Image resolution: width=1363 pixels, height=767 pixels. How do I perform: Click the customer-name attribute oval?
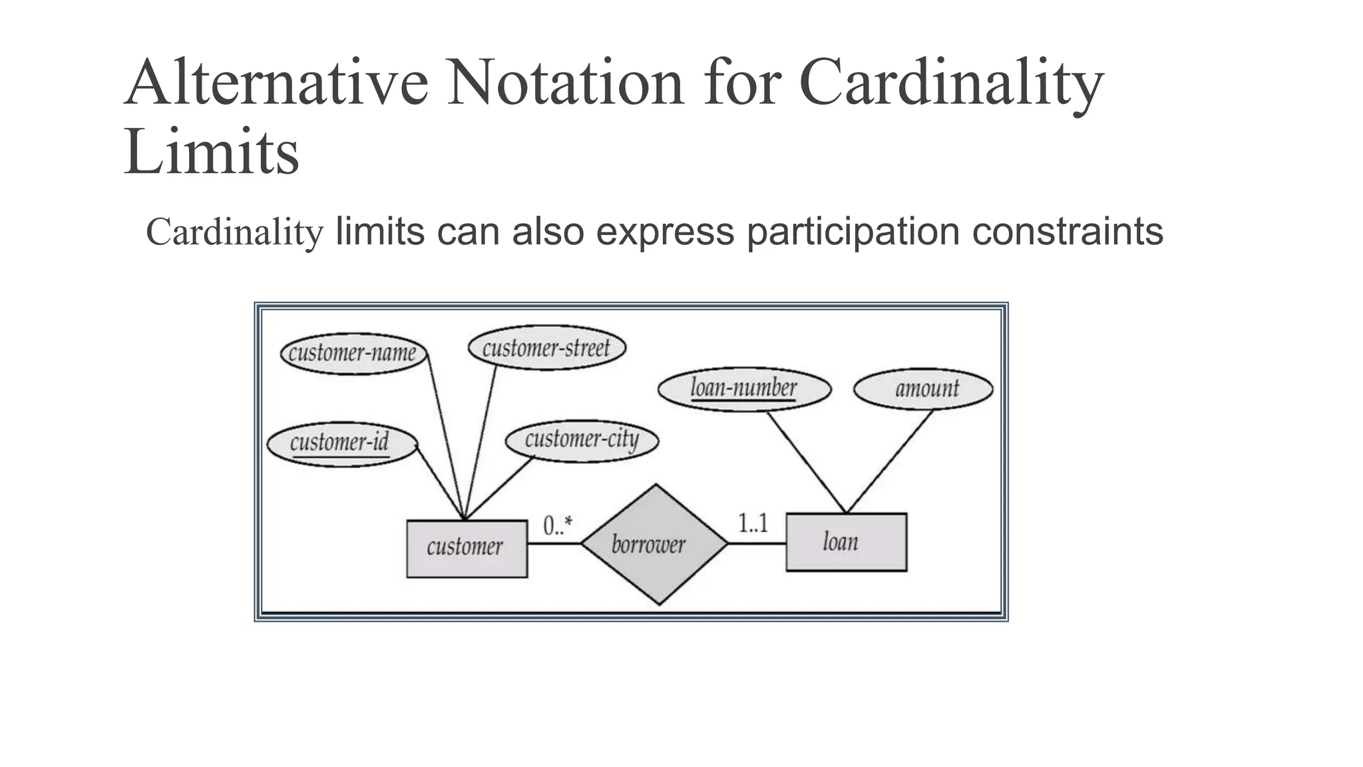click(353, 353)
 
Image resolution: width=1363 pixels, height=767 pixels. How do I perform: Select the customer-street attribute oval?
click(546, 348)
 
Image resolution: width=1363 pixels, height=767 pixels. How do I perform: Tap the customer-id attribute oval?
click(341, 443)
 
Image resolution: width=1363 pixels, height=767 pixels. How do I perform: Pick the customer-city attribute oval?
click(582, 440)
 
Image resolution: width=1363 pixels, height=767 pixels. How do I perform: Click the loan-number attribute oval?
click(744, 388)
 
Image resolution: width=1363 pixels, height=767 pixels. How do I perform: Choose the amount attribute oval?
click(923, 389)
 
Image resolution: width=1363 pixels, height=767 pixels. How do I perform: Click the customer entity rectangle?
click(467, 548)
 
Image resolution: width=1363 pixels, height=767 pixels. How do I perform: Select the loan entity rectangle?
click(846, 542)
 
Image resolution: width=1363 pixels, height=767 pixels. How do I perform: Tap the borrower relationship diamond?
click(654, 544)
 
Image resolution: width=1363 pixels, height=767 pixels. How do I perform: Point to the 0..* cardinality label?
click(557, 526)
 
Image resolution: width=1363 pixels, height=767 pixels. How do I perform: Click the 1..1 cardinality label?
click(753, 523)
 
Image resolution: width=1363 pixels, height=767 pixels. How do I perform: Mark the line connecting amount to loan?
click(890, 461)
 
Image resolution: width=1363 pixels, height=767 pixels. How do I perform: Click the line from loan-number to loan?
click(806, 462)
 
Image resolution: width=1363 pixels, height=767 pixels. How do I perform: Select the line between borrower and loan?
click(757, 543)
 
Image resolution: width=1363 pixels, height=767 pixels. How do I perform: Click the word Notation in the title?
click(566, 83)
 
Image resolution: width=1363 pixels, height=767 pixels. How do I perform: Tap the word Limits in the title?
click(212, 152)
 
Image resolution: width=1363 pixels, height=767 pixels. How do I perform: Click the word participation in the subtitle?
click(853, 232)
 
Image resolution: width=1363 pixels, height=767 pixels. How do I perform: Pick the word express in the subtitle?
click(665, 232)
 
